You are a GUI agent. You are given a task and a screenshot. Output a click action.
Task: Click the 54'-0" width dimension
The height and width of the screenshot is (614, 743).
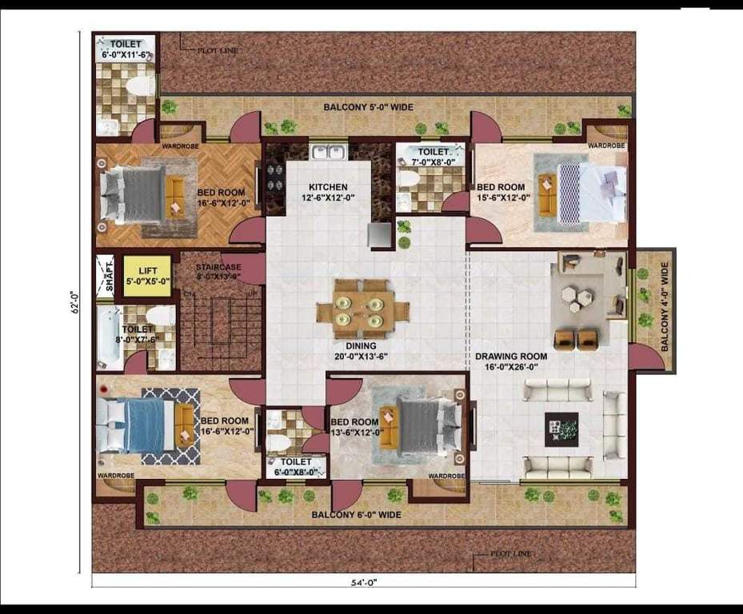[364, 584]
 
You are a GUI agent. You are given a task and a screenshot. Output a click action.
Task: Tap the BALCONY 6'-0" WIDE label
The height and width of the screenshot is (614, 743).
[356, 515]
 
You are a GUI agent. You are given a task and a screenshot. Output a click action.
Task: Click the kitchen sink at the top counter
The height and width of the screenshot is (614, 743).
[328, 151]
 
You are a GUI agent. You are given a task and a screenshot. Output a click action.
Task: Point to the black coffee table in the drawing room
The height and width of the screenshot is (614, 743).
[561, 429]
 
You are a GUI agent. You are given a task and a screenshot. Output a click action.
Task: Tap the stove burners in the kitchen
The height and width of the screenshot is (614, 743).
[274, 177]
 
